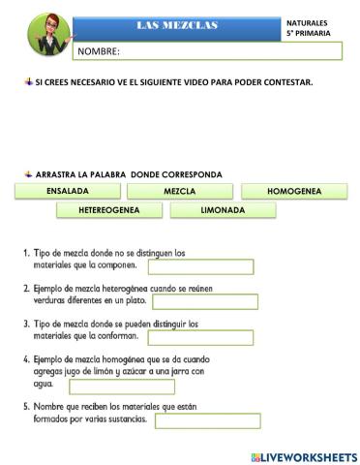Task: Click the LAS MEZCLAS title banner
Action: [x=177, y=25]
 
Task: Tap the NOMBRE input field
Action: [x=208, y=51]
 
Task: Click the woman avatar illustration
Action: [x=41, y=34]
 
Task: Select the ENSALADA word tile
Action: [x=68, y=192]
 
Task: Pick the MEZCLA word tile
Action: [x=180, y=192]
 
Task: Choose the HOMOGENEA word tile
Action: [x=293, y=192]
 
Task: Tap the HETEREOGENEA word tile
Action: [x=109, y=210]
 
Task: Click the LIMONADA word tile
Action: [x=223, y=210]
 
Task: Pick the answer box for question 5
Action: [x=207, y=420]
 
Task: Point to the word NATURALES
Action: [x=307, y=21]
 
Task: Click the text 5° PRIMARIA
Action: [x=308, y=34]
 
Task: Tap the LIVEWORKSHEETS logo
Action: [x=302, y=455]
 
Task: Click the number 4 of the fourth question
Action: [x=26, y=358]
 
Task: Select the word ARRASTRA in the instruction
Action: [x=58, y=174]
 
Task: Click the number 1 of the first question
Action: [x=26, y=253]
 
